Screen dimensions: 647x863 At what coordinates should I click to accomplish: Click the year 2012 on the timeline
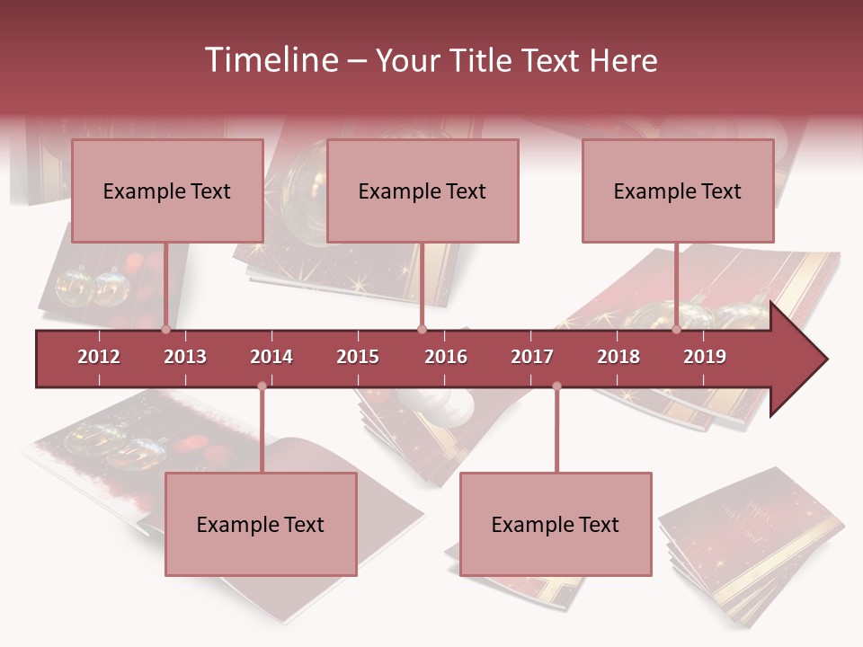(x=99, y=357)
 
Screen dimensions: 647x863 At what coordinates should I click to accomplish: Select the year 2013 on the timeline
(x=185, y=357)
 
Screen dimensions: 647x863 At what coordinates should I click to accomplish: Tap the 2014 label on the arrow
(x=271, y=357)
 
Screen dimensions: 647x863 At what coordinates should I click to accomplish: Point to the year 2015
(x=358, y=357)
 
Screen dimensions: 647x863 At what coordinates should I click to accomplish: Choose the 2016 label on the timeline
(x=446, y=357)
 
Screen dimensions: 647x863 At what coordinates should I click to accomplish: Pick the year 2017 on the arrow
(x=532, y=357)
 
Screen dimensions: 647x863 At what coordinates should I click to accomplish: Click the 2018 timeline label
(x=618, y=357)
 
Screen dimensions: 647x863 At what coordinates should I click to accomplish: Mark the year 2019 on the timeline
(x=705, y=357)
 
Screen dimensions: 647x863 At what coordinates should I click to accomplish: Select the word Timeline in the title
(x=270, y=60)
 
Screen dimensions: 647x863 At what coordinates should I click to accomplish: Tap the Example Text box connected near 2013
(x=167, y=191)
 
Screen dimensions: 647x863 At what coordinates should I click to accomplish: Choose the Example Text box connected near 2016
(x=423, y=191)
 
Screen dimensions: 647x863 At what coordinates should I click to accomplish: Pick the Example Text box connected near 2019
(x=678, y=191)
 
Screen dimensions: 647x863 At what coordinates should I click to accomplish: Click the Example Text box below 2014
(x=261, y=524)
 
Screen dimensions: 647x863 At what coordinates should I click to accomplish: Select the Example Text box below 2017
(x=556, y=524)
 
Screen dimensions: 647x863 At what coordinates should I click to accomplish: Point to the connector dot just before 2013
(x=165, y=330)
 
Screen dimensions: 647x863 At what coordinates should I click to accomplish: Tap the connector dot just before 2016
(x=422, y=330)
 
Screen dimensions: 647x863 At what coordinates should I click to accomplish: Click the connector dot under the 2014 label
(x=262, y=386)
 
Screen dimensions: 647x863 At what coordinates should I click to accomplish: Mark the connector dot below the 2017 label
(x=556, y=386)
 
